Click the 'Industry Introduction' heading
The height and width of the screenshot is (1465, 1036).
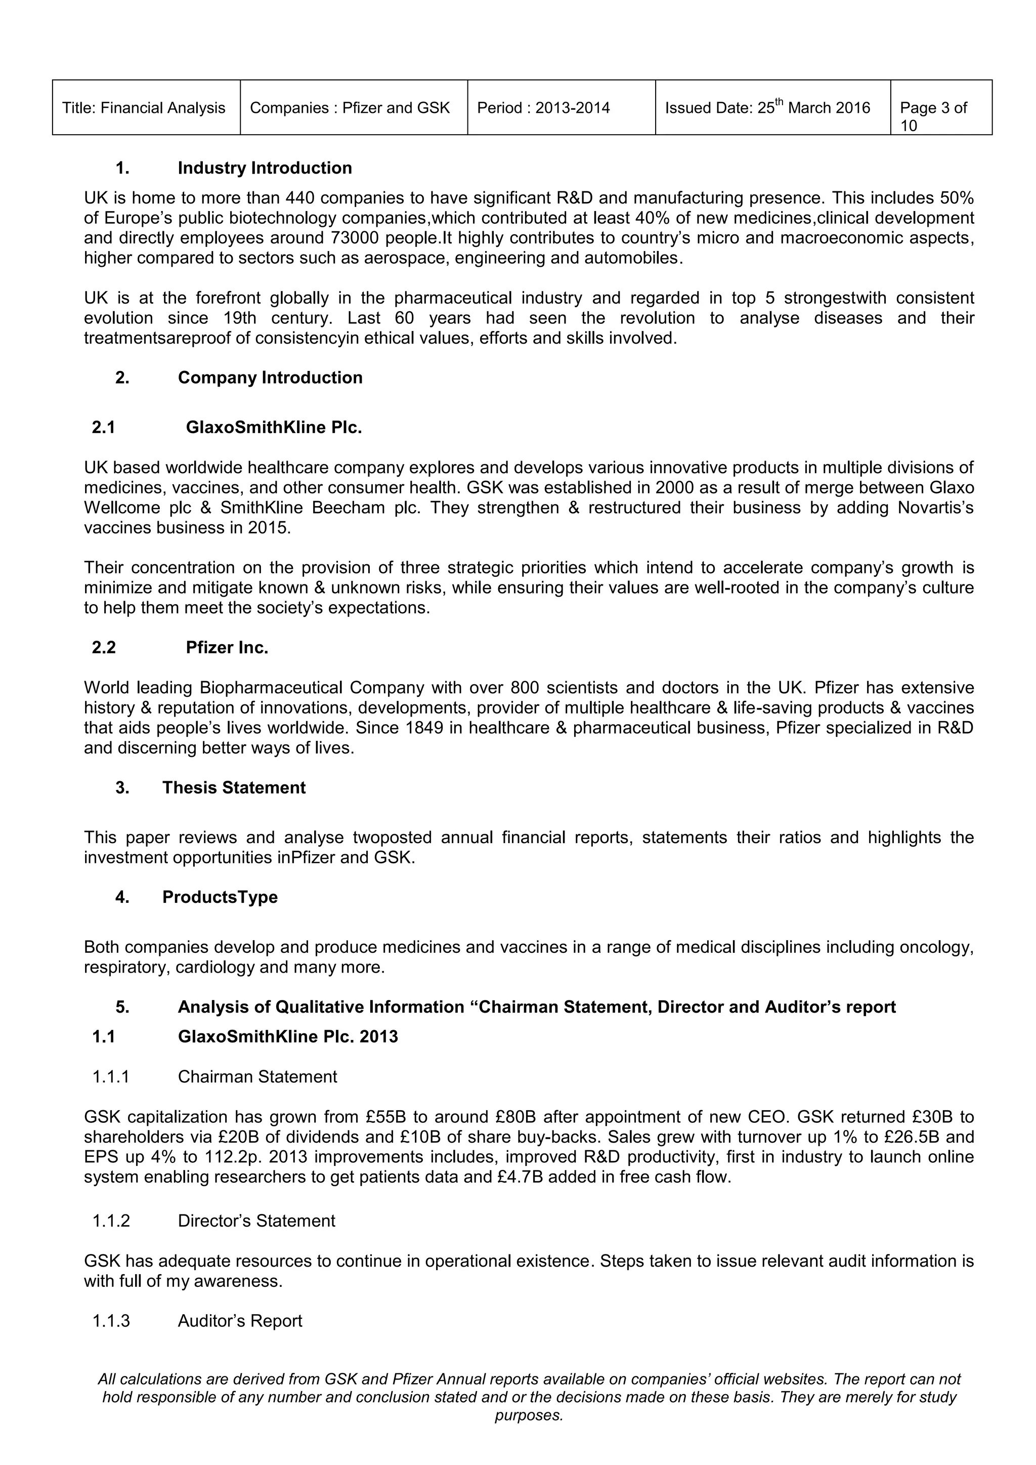tap(265, 168)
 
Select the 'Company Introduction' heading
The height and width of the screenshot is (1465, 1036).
tap(270, 377)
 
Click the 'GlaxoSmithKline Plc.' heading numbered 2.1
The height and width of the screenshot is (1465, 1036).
tap(274, 427)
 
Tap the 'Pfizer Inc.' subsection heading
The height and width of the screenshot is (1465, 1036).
tap(227, 648)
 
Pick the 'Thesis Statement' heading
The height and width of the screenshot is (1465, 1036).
tap(234, 787)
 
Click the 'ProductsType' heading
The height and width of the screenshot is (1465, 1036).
tap(220, 897)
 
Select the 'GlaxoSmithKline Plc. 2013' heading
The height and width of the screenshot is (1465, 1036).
tap(288, 1036)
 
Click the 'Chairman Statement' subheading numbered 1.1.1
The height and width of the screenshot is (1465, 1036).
tap(257, 1076)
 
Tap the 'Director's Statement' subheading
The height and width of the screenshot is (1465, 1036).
tap(256, 1221)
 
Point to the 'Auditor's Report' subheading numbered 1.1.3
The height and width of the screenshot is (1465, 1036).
tap(240, 1321)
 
